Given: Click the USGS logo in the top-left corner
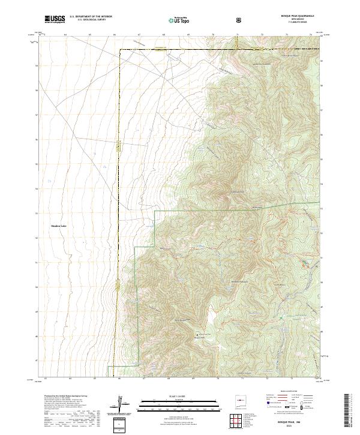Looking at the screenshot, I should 55,19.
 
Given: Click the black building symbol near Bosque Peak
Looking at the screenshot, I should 196,333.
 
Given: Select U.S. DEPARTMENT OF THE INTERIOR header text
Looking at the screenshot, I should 91,17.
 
